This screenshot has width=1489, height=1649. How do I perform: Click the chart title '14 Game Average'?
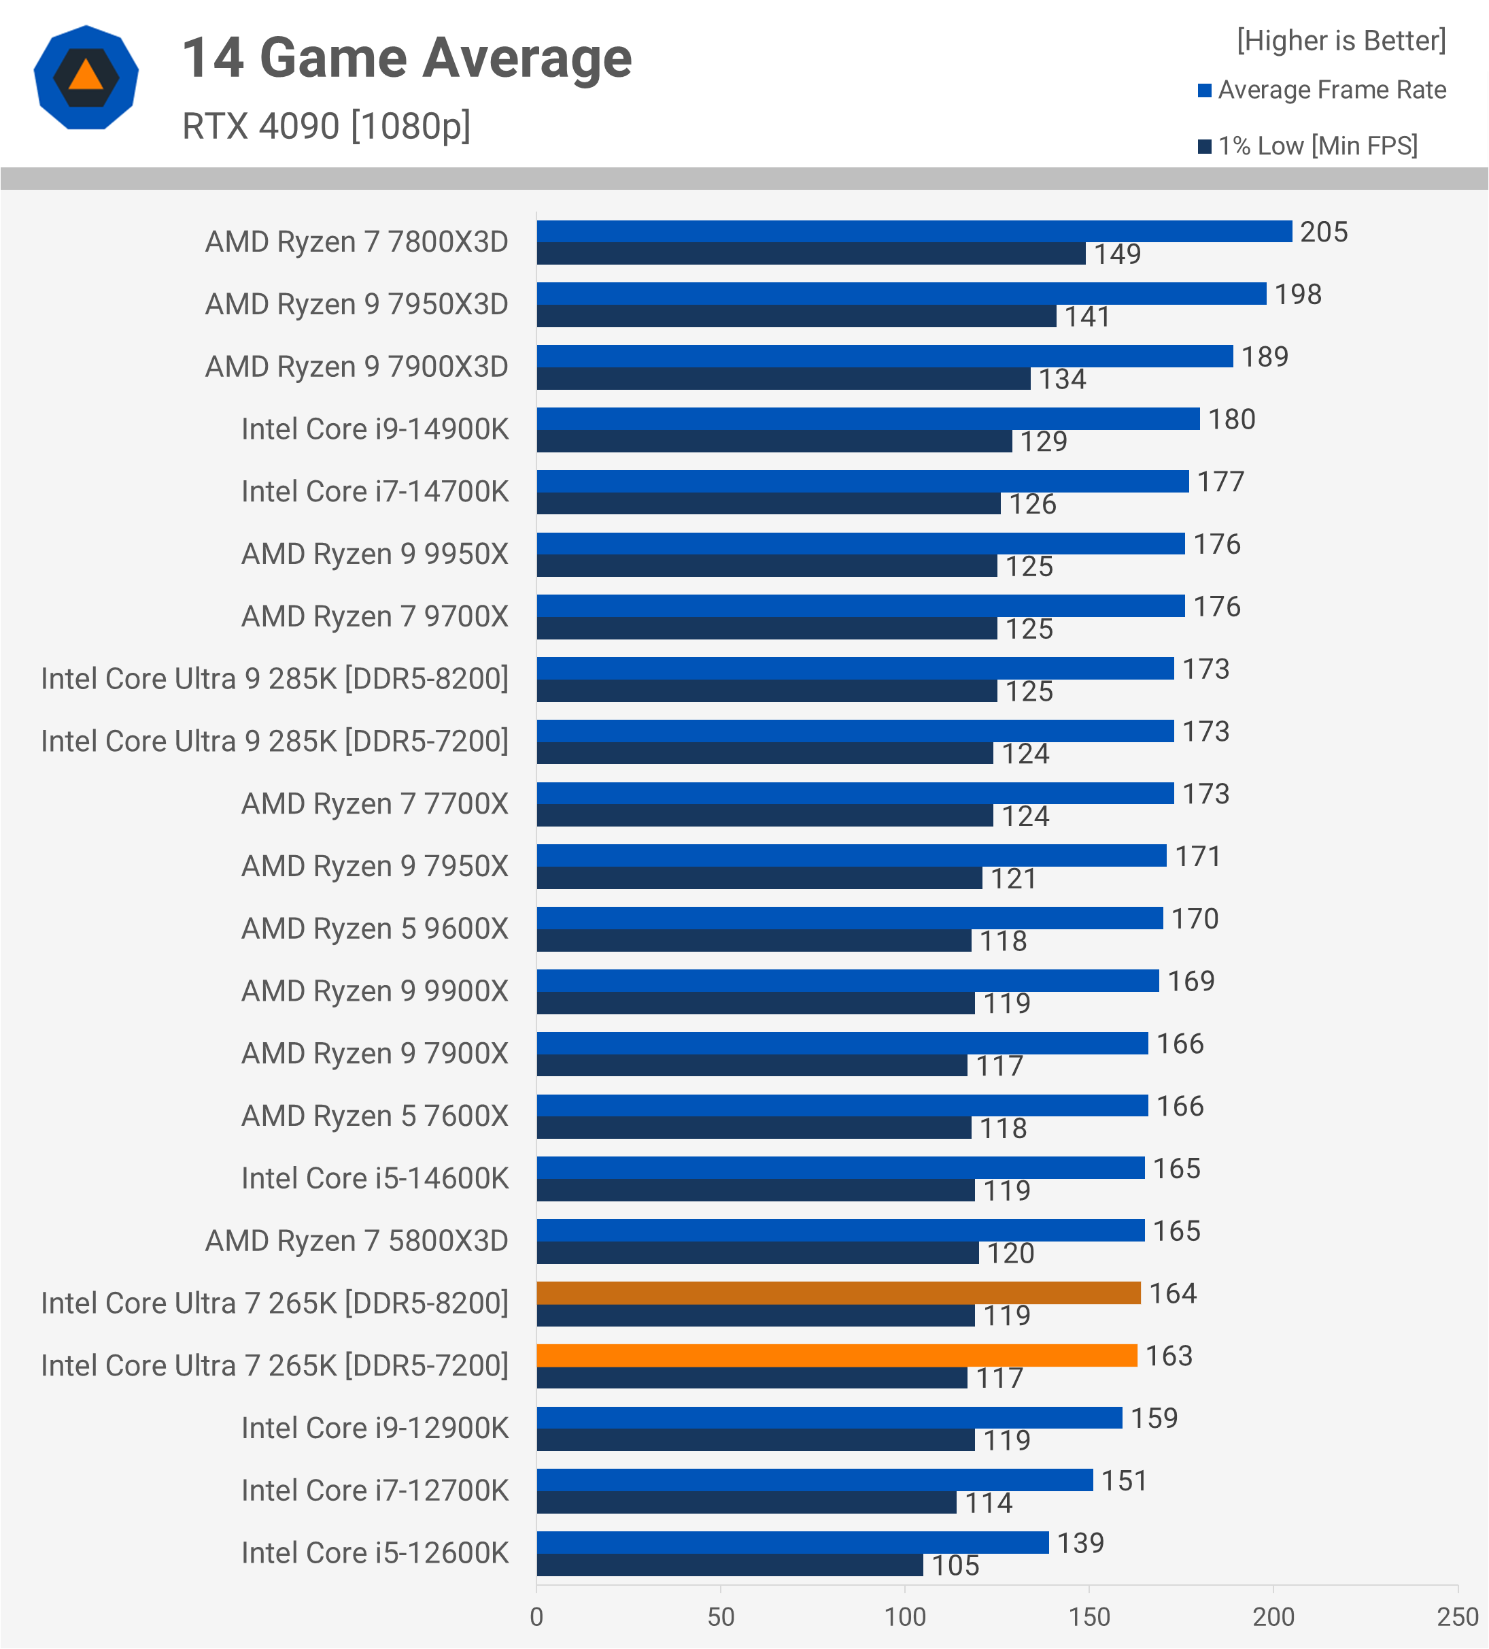pyautogui.click(x=407, y=59)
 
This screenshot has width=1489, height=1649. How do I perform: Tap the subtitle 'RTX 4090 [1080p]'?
pyautogui.click(x=326, y=127)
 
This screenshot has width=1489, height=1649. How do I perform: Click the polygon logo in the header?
pyautogui.click(x=86, y=78)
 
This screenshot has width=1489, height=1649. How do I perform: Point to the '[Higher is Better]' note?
pyautogui.click(x=1341, y=41)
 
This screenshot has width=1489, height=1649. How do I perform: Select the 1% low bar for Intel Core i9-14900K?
pyautogui.click(x=774, y=442)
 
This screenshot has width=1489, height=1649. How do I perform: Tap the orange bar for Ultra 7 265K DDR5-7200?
pyautogui.click(x=836, y=1355)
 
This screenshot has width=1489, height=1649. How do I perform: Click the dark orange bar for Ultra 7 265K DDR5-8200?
pyautogui.click(x=838, y=1293)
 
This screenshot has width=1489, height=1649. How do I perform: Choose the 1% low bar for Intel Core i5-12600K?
pyautogui.click(x=730, y=1565)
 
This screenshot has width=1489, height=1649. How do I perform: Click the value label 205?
pyautogui.click(x=1324, y=232)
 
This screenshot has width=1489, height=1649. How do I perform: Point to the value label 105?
pyautogui.click(x=955, y=1565)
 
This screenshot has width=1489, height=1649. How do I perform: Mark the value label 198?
pyautogui.click(x=1298, y=295)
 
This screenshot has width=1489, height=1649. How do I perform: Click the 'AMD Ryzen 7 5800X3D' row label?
pyautogui.click(x=356, y=1241)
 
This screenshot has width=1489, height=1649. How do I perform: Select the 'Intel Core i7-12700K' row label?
pyautogui.click(x=375, y=1490)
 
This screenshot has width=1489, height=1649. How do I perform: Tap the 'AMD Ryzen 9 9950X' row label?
pyautogui.click(x=375, y=554)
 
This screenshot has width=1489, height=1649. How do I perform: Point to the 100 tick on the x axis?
pyautogui.click(x=905, y=1616)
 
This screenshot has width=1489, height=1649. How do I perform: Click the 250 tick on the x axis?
pyautogui.click(x=1457, y=1616)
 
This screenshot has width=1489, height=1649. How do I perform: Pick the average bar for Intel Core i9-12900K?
pyautogui.click(x=829, y=1418)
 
